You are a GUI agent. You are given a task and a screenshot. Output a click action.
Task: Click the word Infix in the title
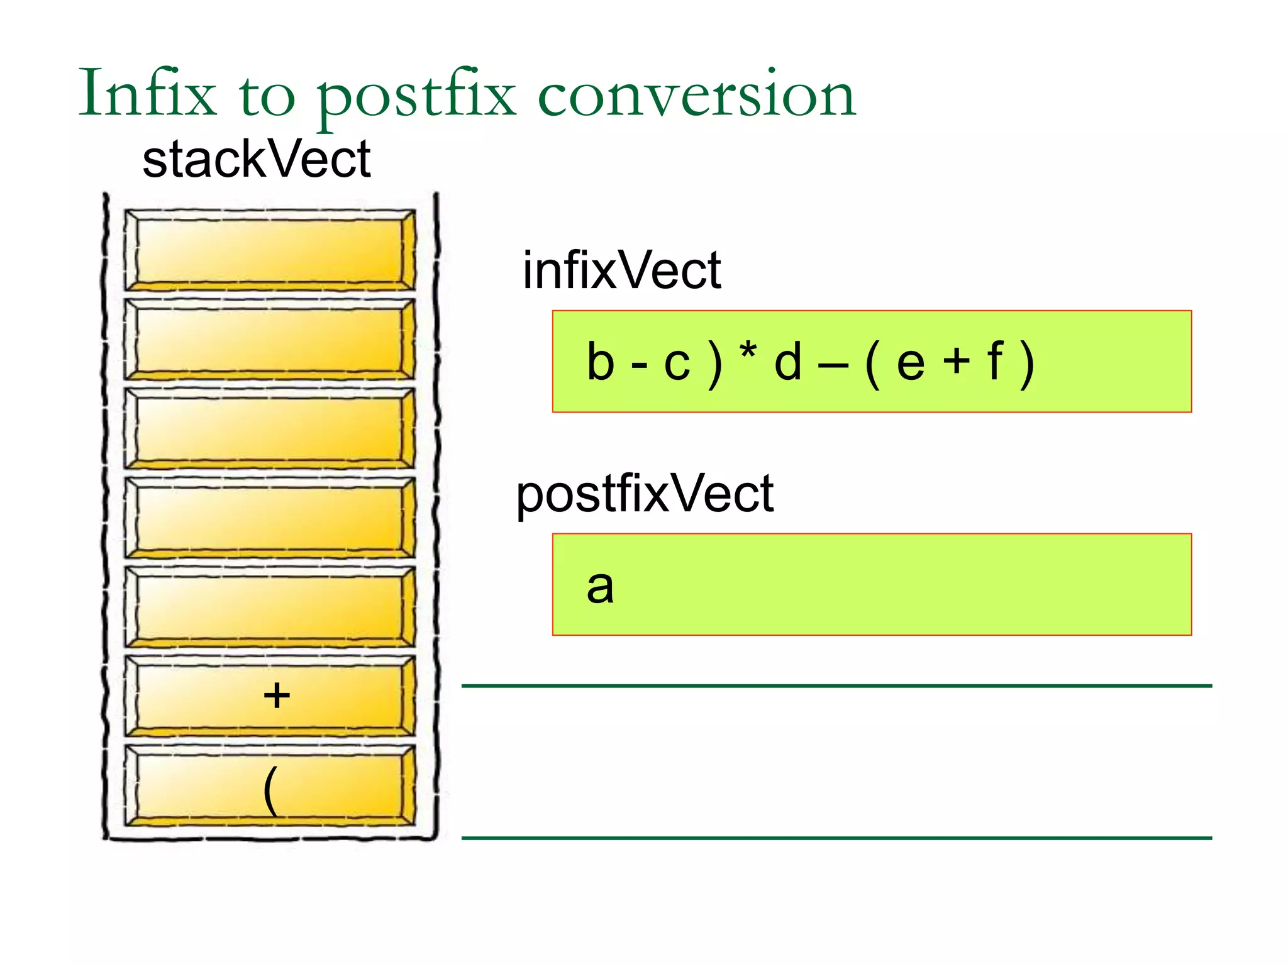coord(147,94)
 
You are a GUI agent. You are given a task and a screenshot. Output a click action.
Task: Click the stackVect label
coord(256,160)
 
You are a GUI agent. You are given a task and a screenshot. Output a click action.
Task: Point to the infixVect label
coord(621,270)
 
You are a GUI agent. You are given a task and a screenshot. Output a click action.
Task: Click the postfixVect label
coord(644,494)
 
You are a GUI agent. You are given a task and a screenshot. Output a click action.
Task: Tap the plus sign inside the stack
coord(276,696)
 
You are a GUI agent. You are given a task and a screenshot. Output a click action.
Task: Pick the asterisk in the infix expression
coord(748,352)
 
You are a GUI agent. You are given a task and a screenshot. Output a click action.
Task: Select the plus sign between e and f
coord(956,362)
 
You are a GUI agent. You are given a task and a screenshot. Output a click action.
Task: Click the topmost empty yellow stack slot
coord(269,250)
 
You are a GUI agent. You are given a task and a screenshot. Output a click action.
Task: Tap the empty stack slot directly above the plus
coord(269,606)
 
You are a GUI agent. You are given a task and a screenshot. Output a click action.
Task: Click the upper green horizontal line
coord(836,686)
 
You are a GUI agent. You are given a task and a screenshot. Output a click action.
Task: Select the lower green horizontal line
coord(836,838)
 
